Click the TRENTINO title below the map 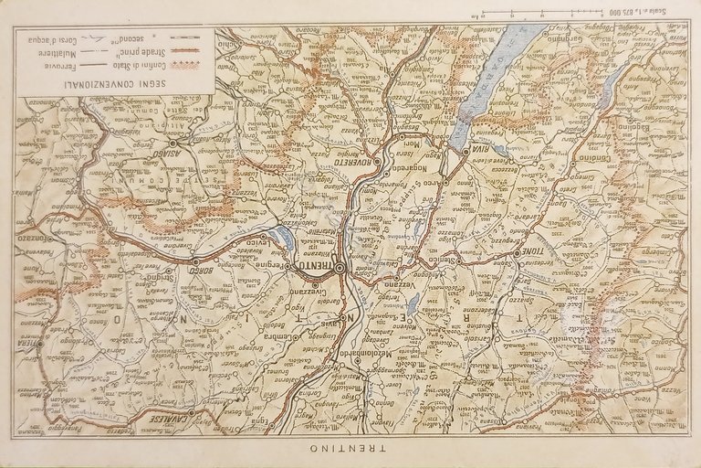click(349, 451)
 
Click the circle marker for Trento click(340, 268)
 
